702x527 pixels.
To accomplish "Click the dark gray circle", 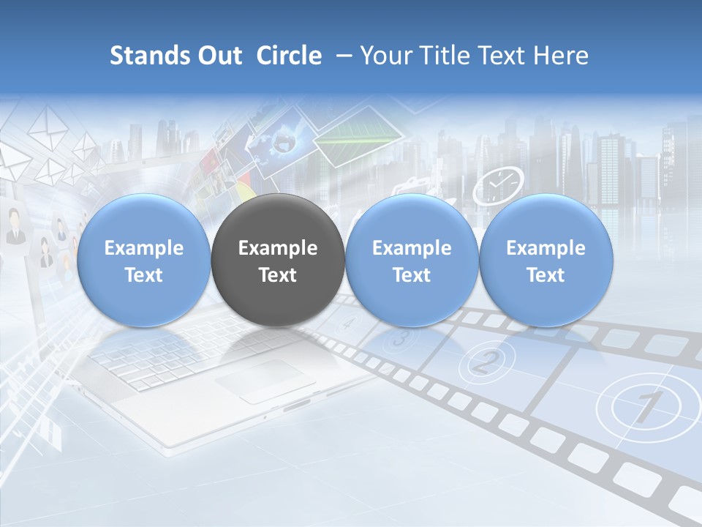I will coord(278,261).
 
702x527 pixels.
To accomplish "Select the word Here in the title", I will coord(561,56).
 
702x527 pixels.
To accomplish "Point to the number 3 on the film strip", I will coord(399,337).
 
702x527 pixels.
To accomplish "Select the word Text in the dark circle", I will coord(278,275).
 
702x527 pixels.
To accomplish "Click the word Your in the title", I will coord(380,56).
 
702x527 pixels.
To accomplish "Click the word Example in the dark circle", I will coord(278,248).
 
